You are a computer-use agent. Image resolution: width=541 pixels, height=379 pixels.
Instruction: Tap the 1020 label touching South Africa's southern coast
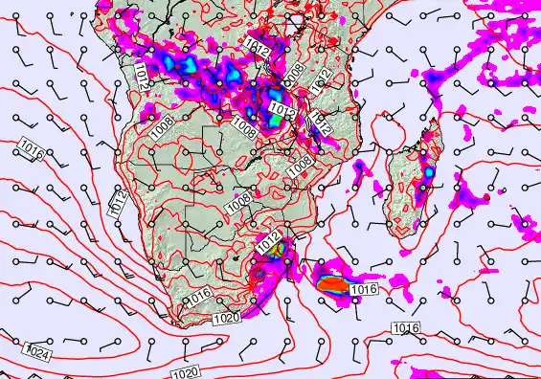[x=226, y=318]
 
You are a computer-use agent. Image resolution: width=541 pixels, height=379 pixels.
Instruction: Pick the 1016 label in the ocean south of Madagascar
[x=405, y=328]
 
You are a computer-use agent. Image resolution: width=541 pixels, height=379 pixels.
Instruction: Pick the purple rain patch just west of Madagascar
[x=361, y=170]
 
